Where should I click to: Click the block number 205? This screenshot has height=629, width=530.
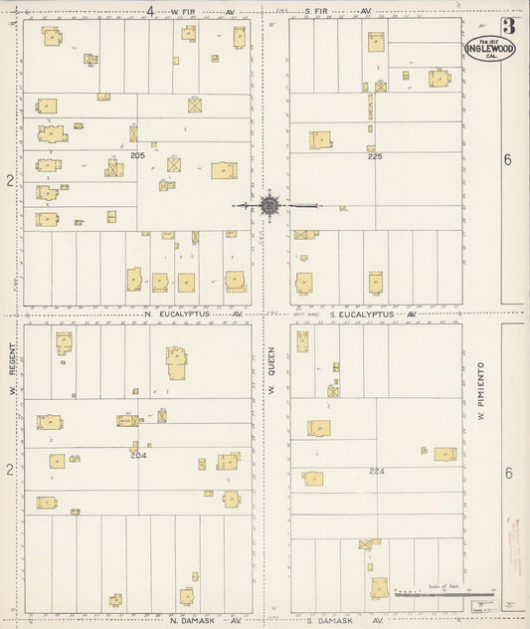[x=137, y=156]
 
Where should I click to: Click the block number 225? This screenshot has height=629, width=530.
[x=374, y=156]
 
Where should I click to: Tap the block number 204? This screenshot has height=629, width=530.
[x=137, y=455]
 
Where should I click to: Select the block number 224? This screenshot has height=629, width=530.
[x=376, y=471]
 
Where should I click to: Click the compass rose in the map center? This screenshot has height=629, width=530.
[x=269, y=206]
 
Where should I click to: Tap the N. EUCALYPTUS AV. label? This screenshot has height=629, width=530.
[x=194, y=314]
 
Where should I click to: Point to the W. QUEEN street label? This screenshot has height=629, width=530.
[x=268, y=376]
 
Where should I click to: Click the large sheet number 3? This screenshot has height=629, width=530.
[x=508, y=27]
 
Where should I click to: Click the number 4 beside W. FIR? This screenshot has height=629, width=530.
[x=150, y=11]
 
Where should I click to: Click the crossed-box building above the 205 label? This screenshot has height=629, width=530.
[x=195, y=104]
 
